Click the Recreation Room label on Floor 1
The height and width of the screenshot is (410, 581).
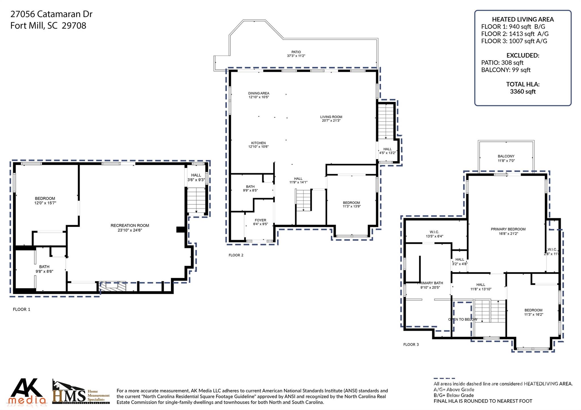130,226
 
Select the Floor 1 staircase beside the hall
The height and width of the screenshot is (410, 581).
196,200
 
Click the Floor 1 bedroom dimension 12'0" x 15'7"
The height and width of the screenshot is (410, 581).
45,203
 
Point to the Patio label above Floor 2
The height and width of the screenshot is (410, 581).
296,52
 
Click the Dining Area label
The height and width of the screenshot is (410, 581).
258,93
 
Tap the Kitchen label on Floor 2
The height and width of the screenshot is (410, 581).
258,143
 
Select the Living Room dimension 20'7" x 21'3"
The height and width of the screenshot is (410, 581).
331,121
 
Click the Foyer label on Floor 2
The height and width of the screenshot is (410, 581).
260,220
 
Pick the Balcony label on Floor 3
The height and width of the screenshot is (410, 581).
506,156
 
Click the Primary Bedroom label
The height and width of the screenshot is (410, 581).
508,229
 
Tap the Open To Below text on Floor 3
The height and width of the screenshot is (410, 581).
462,319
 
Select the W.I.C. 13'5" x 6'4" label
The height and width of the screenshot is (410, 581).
434,234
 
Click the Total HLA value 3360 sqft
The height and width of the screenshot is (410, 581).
523,92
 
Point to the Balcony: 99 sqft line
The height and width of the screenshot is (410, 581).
506,70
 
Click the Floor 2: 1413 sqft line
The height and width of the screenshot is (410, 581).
515,34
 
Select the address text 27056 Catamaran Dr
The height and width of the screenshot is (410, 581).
51,14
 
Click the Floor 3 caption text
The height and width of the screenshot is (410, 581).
411,345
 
